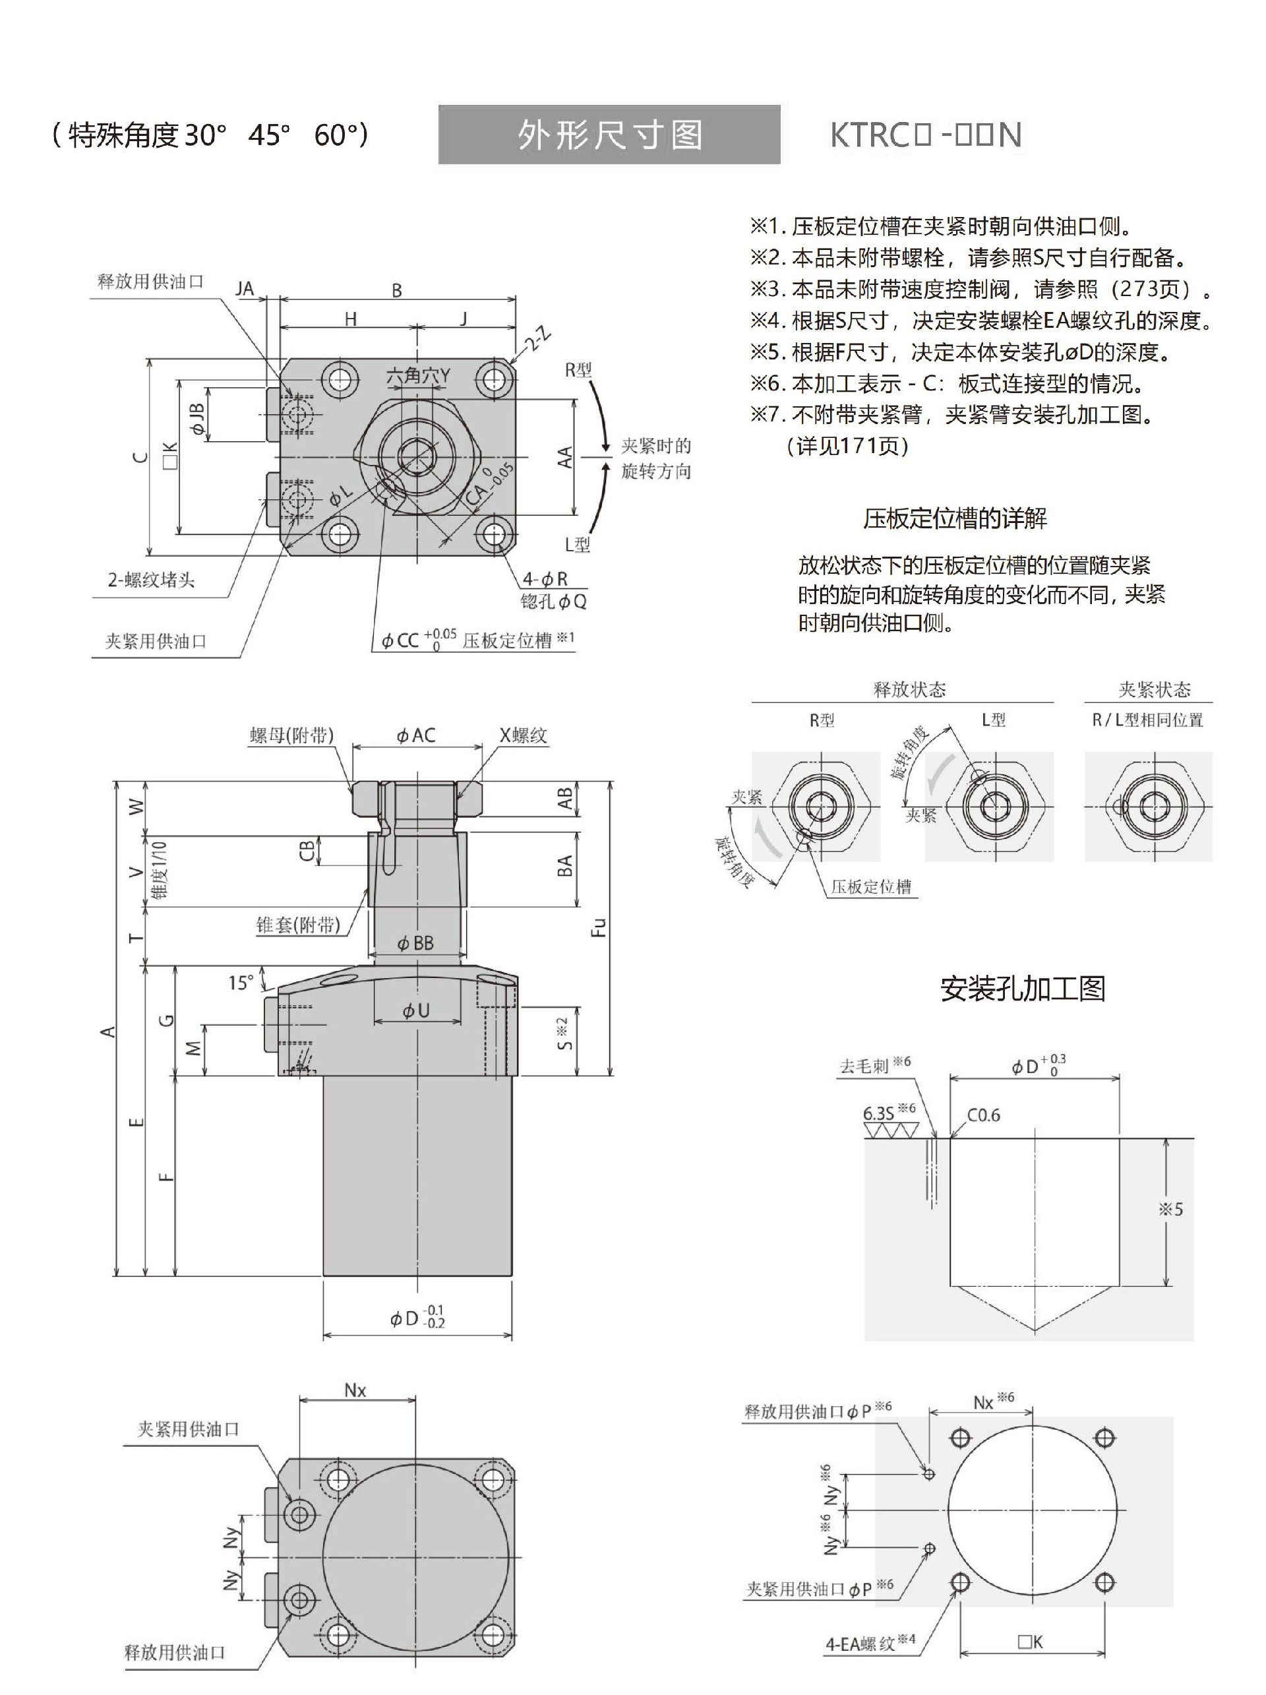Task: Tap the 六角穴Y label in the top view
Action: (418, 375)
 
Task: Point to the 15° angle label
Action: (241, 982)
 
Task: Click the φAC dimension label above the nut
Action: (416, 735)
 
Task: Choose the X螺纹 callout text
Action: (523, 735)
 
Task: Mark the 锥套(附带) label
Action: (298, 925)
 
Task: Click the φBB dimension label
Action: (416, 943)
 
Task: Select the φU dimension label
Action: (416, 1010)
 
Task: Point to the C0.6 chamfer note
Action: (982, 1115)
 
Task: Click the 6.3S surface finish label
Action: (878, 1113)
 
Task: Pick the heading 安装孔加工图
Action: (1023, 989)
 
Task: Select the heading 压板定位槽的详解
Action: (954, 519)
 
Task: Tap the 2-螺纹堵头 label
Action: (151, 580)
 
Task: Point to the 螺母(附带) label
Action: (292, 735)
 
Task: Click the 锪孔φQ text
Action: (553, 601)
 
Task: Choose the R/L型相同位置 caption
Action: (1147, 720)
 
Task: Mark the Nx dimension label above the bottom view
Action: (355, 1391)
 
